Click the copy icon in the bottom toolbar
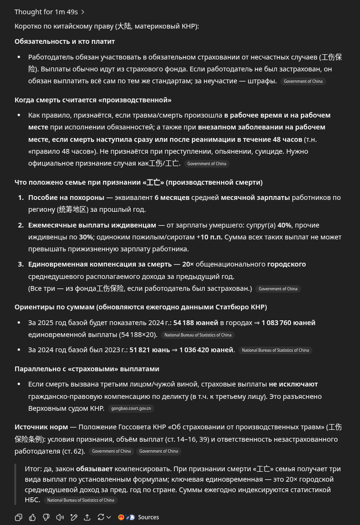pyautogui.click(x=19, y=517)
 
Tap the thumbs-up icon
pyautogui.click(x=32, y=517)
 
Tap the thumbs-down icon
pyautogui.click(x=46, y=517)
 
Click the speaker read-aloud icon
pyautogui.click(x=60, y=517)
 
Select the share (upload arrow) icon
pyautogui.click(x=87, y=517)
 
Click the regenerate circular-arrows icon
pyautogui.click(x=101, y=517)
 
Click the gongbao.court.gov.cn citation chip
pyautogui.click(x=131, y=408)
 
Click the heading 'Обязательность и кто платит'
pyautogui.click(x=65, y=41)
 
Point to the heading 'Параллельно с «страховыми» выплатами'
pyautogui.click(x=87, y=369)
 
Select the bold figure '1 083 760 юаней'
pyautogui.click(x=288, y=323)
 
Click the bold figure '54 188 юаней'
pyautogui.click(x=195, y=323)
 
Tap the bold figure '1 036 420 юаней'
pyautogui.click(x=207, y=350)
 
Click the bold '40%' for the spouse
pyautogui.click(x=284, y=225)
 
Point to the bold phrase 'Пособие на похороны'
pyautogui.click(x=66, y=198)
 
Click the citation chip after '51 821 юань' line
pyautogui.click(x=275, y=350)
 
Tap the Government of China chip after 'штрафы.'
pyautogui.click(x=303, y=81)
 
